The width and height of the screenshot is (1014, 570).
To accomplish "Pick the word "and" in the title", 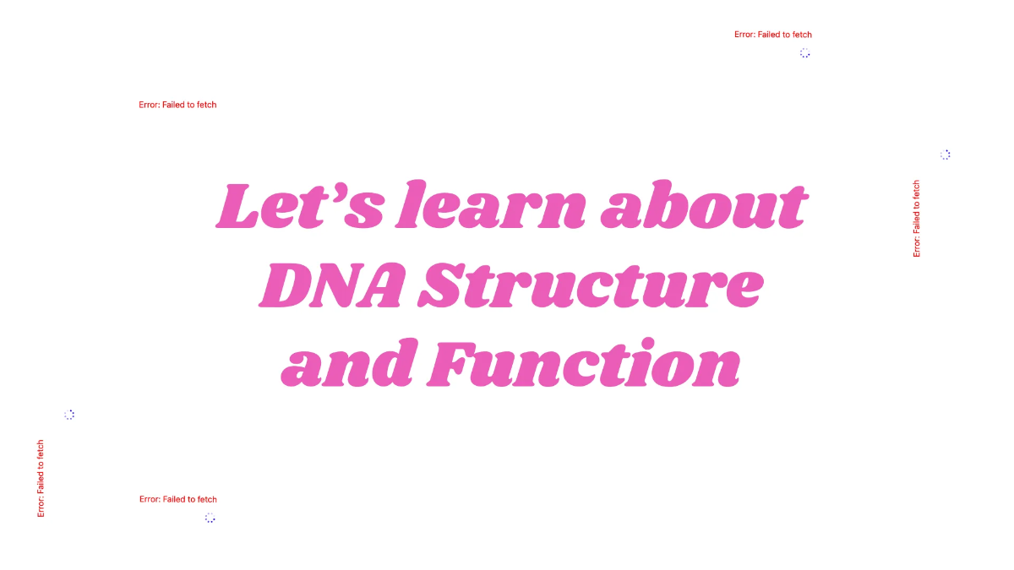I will (x=346, y=365).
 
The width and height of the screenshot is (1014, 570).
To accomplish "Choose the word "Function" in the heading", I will (x=584, y=365).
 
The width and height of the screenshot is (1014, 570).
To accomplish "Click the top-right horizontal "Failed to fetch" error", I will (x=773, y=35).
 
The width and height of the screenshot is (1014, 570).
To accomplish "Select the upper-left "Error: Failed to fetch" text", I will (x=177, y=105).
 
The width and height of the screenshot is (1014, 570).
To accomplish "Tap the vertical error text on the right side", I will (x=917, y=218).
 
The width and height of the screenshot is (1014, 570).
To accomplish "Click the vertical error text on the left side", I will (x=41, y=479).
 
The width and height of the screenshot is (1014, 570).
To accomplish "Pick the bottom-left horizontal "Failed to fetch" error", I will (x=177, y=499).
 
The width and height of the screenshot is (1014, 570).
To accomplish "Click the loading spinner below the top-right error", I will (x=804, y=53).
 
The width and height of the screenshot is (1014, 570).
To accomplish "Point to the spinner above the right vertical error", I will (x=945, y=155).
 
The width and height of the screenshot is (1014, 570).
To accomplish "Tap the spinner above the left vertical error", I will (x=69, y=415).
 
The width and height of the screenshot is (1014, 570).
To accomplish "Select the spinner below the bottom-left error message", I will (x=210, y=518).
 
